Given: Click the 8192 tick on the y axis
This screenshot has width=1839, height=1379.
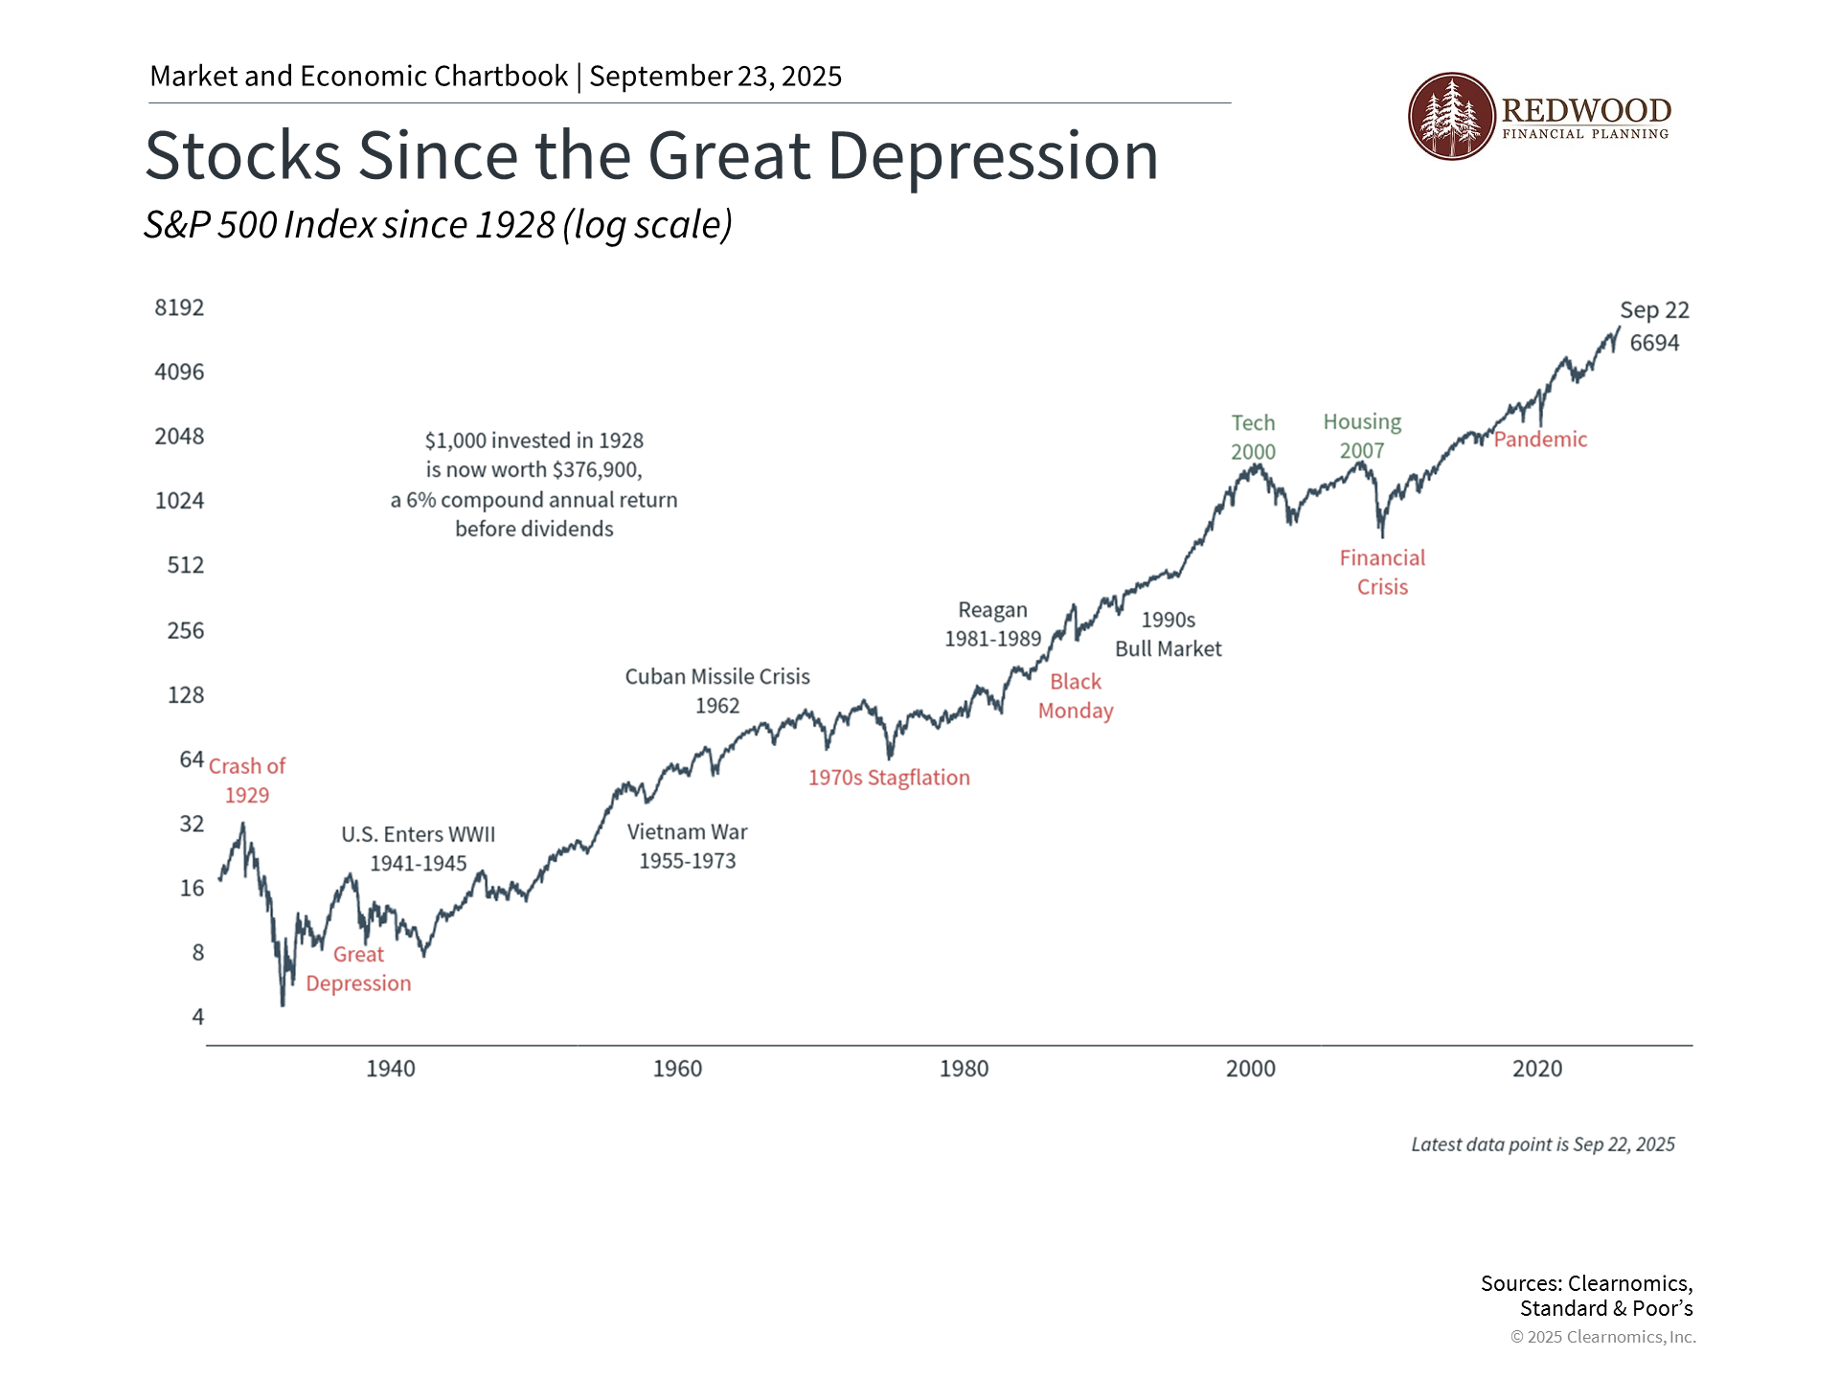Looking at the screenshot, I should tap(179, 307).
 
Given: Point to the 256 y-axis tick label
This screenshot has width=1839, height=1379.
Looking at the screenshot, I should tap(186, 630).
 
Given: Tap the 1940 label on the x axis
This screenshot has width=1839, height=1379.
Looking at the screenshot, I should tap(391, 1069).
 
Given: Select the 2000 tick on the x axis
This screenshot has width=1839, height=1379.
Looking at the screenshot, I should tap(1251, 1069).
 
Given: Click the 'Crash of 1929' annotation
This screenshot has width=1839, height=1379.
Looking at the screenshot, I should tap(247, 780).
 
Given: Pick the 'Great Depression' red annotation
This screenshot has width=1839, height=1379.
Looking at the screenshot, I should tap(358, 969).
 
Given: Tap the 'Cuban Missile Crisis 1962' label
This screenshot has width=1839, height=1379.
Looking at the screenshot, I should tap(717, 690).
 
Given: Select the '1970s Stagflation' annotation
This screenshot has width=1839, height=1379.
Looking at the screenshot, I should tap(889, 778).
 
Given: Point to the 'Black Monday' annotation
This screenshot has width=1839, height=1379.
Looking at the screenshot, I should tap(1076, 696).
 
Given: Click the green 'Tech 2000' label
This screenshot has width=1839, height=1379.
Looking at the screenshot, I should tap(1253, 437).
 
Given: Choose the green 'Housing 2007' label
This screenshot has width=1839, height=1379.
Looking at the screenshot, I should tap(1362, 436).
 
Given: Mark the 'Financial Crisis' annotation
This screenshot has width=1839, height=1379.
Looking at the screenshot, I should tap(1382, 572).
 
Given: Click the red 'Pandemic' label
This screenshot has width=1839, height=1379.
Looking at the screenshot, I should tap(1540, 440).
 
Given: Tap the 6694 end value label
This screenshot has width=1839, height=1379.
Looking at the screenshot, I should tap(1654, 343).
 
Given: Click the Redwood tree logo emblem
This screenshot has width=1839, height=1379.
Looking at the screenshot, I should tap(1451, 116).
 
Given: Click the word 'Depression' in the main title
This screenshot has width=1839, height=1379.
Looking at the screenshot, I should tap(993, 156).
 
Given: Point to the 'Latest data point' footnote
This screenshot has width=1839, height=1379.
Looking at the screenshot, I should tap(1542, 1144).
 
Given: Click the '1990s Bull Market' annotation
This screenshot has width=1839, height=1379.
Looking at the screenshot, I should tap(1168, 634).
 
